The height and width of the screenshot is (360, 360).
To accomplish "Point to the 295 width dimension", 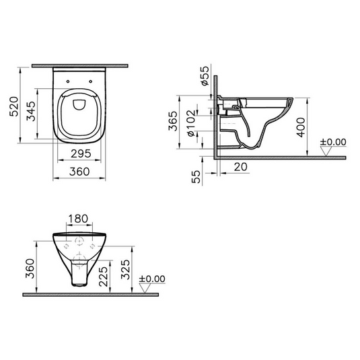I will point(81,154).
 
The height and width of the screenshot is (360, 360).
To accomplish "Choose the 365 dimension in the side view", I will point(173,121).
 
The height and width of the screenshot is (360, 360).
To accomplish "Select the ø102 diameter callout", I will point(190,125).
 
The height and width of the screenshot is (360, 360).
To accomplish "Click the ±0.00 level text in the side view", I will point(332,142).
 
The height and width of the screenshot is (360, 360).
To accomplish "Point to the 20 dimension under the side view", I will point(240,166).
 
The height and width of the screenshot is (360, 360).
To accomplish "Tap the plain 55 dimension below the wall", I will point(195,177).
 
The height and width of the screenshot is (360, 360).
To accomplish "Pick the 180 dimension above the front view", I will point(79,219).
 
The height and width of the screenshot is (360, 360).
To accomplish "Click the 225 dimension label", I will point(102,275).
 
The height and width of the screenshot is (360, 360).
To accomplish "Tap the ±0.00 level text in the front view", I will point(152,278).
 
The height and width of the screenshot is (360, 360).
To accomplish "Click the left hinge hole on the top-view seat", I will point(71,83).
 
